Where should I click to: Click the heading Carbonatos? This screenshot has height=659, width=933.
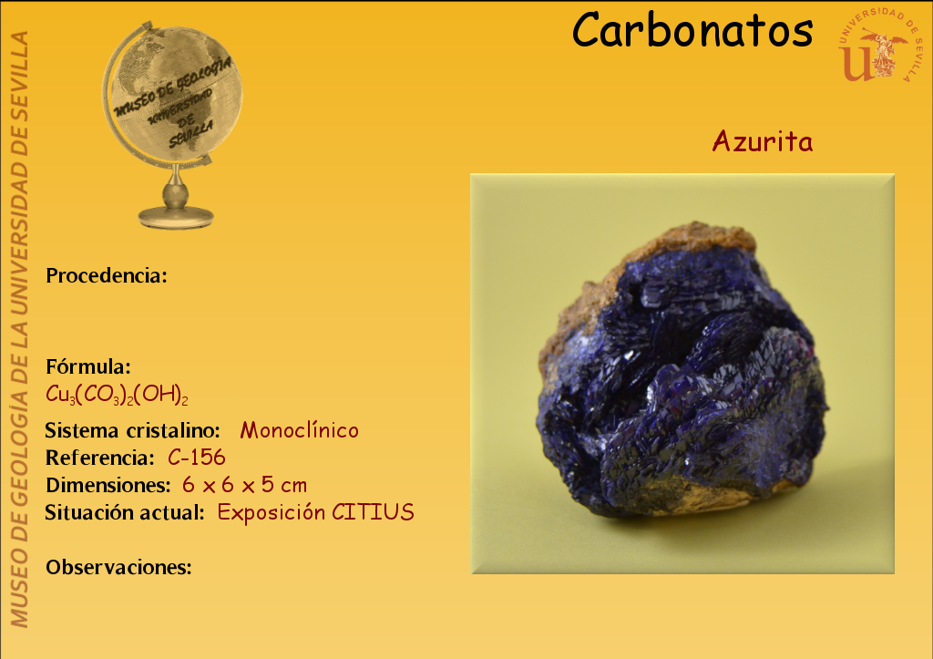[x=692, y=30]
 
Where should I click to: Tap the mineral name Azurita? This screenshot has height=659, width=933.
[x=763, y=141]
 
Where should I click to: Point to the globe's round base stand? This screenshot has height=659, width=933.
[x=176, y=217]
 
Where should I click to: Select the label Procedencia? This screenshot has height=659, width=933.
[x=107, y=275]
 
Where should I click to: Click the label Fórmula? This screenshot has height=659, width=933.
[x=88, y=366]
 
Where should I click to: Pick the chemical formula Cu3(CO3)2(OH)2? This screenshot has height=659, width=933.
[x=117, y=395]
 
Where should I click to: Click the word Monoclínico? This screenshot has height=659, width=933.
[x=299, y=430]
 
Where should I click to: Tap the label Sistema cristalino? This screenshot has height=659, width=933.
[x=133, y=430]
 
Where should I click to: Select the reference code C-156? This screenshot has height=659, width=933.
[x=197, y=458]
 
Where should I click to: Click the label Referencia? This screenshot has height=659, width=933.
[x=100, y=458]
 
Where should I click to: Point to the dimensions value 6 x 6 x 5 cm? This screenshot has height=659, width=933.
[x=244, y=485]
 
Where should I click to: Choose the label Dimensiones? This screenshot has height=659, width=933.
[x=108, y=485]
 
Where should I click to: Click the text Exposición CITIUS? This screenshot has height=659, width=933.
[x=315, y=512]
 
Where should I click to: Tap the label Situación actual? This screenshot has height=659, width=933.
[x=125, y=512]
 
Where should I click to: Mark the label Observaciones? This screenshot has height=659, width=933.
[x=119, y=567]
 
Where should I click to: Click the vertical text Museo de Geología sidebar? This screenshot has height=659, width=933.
[x=20, y=329]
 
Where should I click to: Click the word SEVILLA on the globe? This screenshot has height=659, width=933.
[x=190, y=135]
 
